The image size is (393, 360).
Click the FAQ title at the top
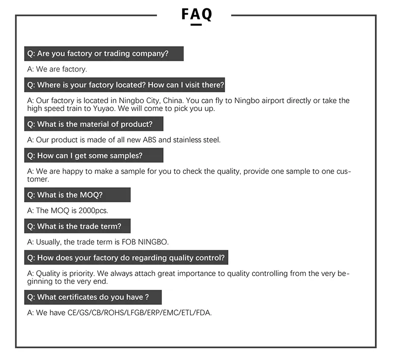click(196, 14)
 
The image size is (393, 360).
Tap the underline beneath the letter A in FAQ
click(196, 24)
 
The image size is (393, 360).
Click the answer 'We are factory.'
click(57, 69)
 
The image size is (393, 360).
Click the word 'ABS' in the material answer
click(148, 139)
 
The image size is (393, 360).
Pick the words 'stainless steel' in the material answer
click(197, 139)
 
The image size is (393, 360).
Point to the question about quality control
click(126, 257)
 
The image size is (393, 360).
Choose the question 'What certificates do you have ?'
click(92, 297)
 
